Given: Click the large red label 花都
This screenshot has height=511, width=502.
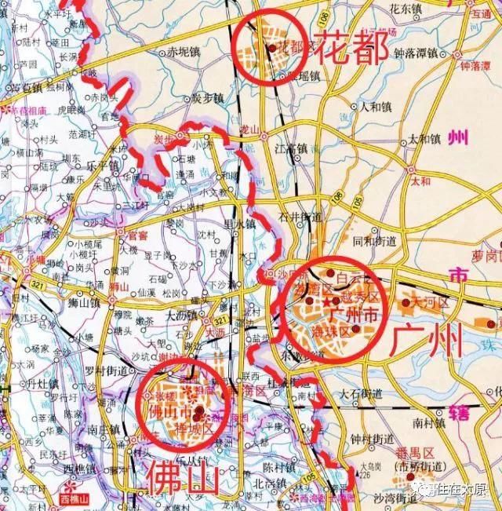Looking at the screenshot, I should pos(351,49).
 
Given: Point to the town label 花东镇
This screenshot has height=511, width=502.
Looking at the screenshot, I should pos(406,9).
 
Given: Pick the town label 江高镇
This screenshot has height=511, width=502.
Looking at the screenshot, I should pos(293,147).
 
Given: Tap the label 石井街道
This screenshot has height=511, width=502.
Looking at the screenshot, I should pos(300,216).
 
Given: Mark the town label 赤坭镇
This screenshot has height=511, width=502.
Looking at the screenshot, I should pos(184,53).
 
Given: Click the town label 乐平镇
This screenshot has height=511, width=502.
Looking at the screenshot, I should pos(100,166).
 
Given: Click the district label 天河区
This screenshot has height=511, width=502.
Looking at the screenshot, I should pos(428,301).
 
